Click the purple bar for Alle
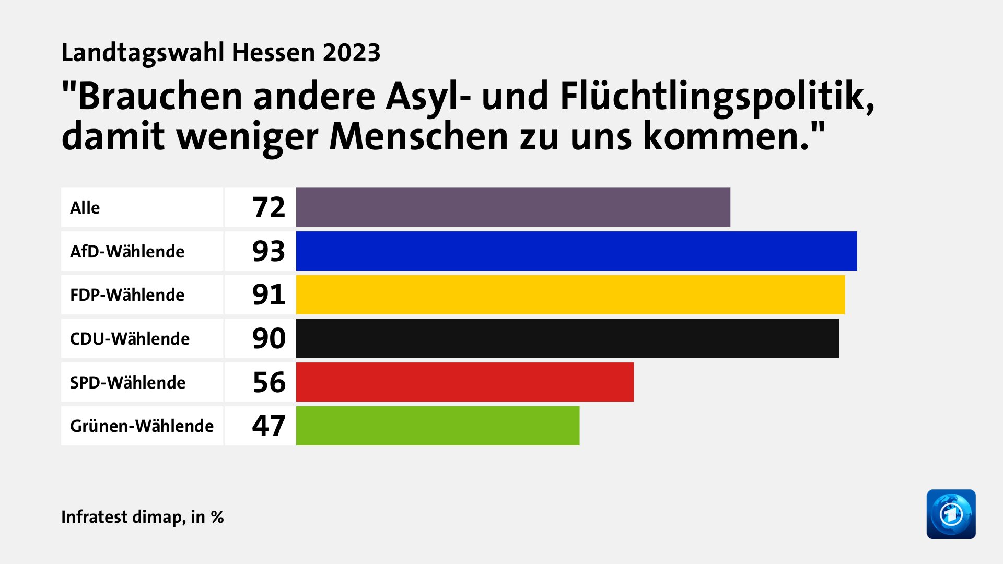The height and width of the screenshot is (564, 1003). pyautogui.click(x=513, y=207)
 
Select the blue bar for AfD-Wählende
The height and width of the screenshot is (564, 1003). pyautogui.click(x=576, y=251)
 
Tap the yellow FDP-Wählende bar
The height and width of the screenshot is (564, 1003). pyautogui.click(x=570, y=295)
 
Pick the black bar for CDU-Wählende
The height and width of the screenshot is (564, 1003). pyautogui.click(x=567, y=338)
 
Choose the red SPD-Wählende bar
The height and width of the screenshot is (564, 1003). pyautogui.click(x=464, y=382)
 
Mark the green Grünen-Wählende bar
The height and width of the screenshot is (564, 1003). pyautogui.click(x=437, y=426)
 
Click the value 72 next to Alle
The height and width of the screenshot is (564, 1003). pyautogui.click(x=269, y=207)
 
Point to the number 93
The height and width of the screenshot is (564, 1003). pyautogui.click(x=269, y=251)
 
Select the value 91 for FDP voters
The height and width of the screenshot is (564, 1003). pyautogui.click(x=269, y=295)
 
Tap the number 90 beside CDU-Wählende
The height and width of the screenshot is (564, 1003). pyautogui.click(x=269, y=338)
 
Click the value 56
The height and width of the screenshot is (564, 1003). pyautogui.click(x=269, y=382)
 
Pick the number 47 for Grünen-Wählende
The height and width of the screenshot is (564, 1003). pyautogui.click(x=269, y=426)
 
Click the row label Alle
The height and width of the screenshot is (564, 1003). pyautogui.click(x=85, y=208)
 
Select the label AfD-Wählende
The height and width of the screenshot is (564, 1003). pyautogui.click(x=127, y=252)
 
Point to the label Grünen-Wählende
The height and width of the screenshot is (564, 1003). pyautogui.click(x=142, y=426)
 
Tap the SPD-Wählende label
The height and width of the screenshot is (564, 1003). pyautogui.click(x=127, y=383)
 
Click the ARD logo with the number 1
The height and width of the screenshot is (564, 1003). pyautogui.click(x=951, y=514)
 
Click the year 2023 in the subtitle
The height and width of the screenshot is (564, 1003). pyautogui.click(x=351, y=53)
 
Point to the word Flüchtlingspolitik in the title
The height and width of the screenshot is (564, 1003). pyautogui.click(x=717, y=97)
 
